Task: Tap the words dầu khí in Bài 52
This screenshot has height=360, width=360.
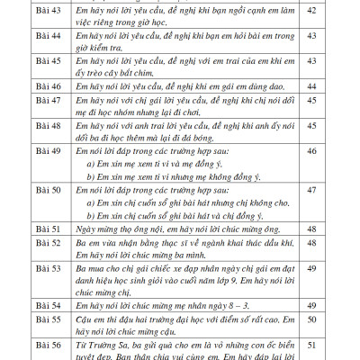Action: (x=280, y=244)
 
